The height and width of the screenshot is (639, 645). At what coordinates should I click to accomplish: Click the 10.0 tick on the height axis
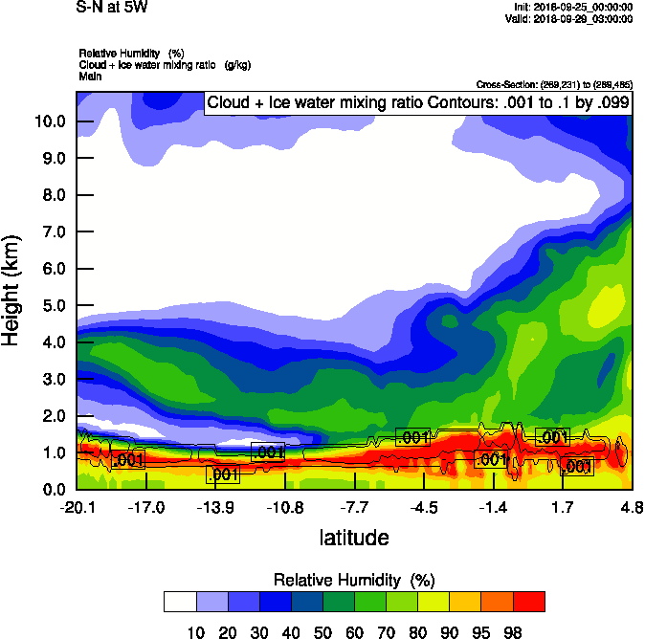(x=49, y=121)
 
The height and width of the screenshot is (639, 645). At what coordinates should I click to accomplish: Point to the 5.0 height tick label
(x=53, y=305)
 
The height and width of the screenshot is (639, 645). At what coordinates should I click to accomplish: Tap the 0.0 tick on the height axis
(x=53, y=490)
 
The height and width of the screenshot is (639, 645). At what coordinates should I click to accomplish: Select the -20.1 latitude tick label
(x=77, y=507)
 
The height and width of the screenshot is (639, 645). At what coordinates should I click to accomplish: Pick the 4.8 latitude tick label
(x=632, y=507)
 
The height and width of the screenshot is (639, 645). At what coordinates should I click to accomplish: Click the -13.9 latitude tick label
(x=215, y=507)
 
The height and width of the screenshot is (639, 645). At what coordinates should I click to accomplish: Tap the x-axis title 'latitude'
(x=354, y=538)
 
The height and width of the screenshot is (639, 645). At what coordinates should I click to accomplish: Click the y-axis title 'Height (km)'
(x=12, y=291)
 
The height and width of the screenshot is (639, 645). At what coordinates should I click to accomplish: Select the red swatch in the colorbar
(x=528, y=601)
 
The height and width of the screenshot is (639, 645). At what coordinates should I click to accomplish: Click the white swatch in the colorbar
(x=179, y=601)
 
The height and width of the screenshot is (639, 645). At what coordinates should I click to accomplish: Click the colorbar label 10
(x=196, y=632)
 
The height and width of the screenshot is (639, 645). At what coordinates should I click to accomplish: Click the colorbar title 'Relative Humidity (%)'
(x=354, y=581)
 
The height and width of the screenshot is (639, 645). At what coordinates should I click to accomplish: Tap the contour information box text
(x=417, y=102)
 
